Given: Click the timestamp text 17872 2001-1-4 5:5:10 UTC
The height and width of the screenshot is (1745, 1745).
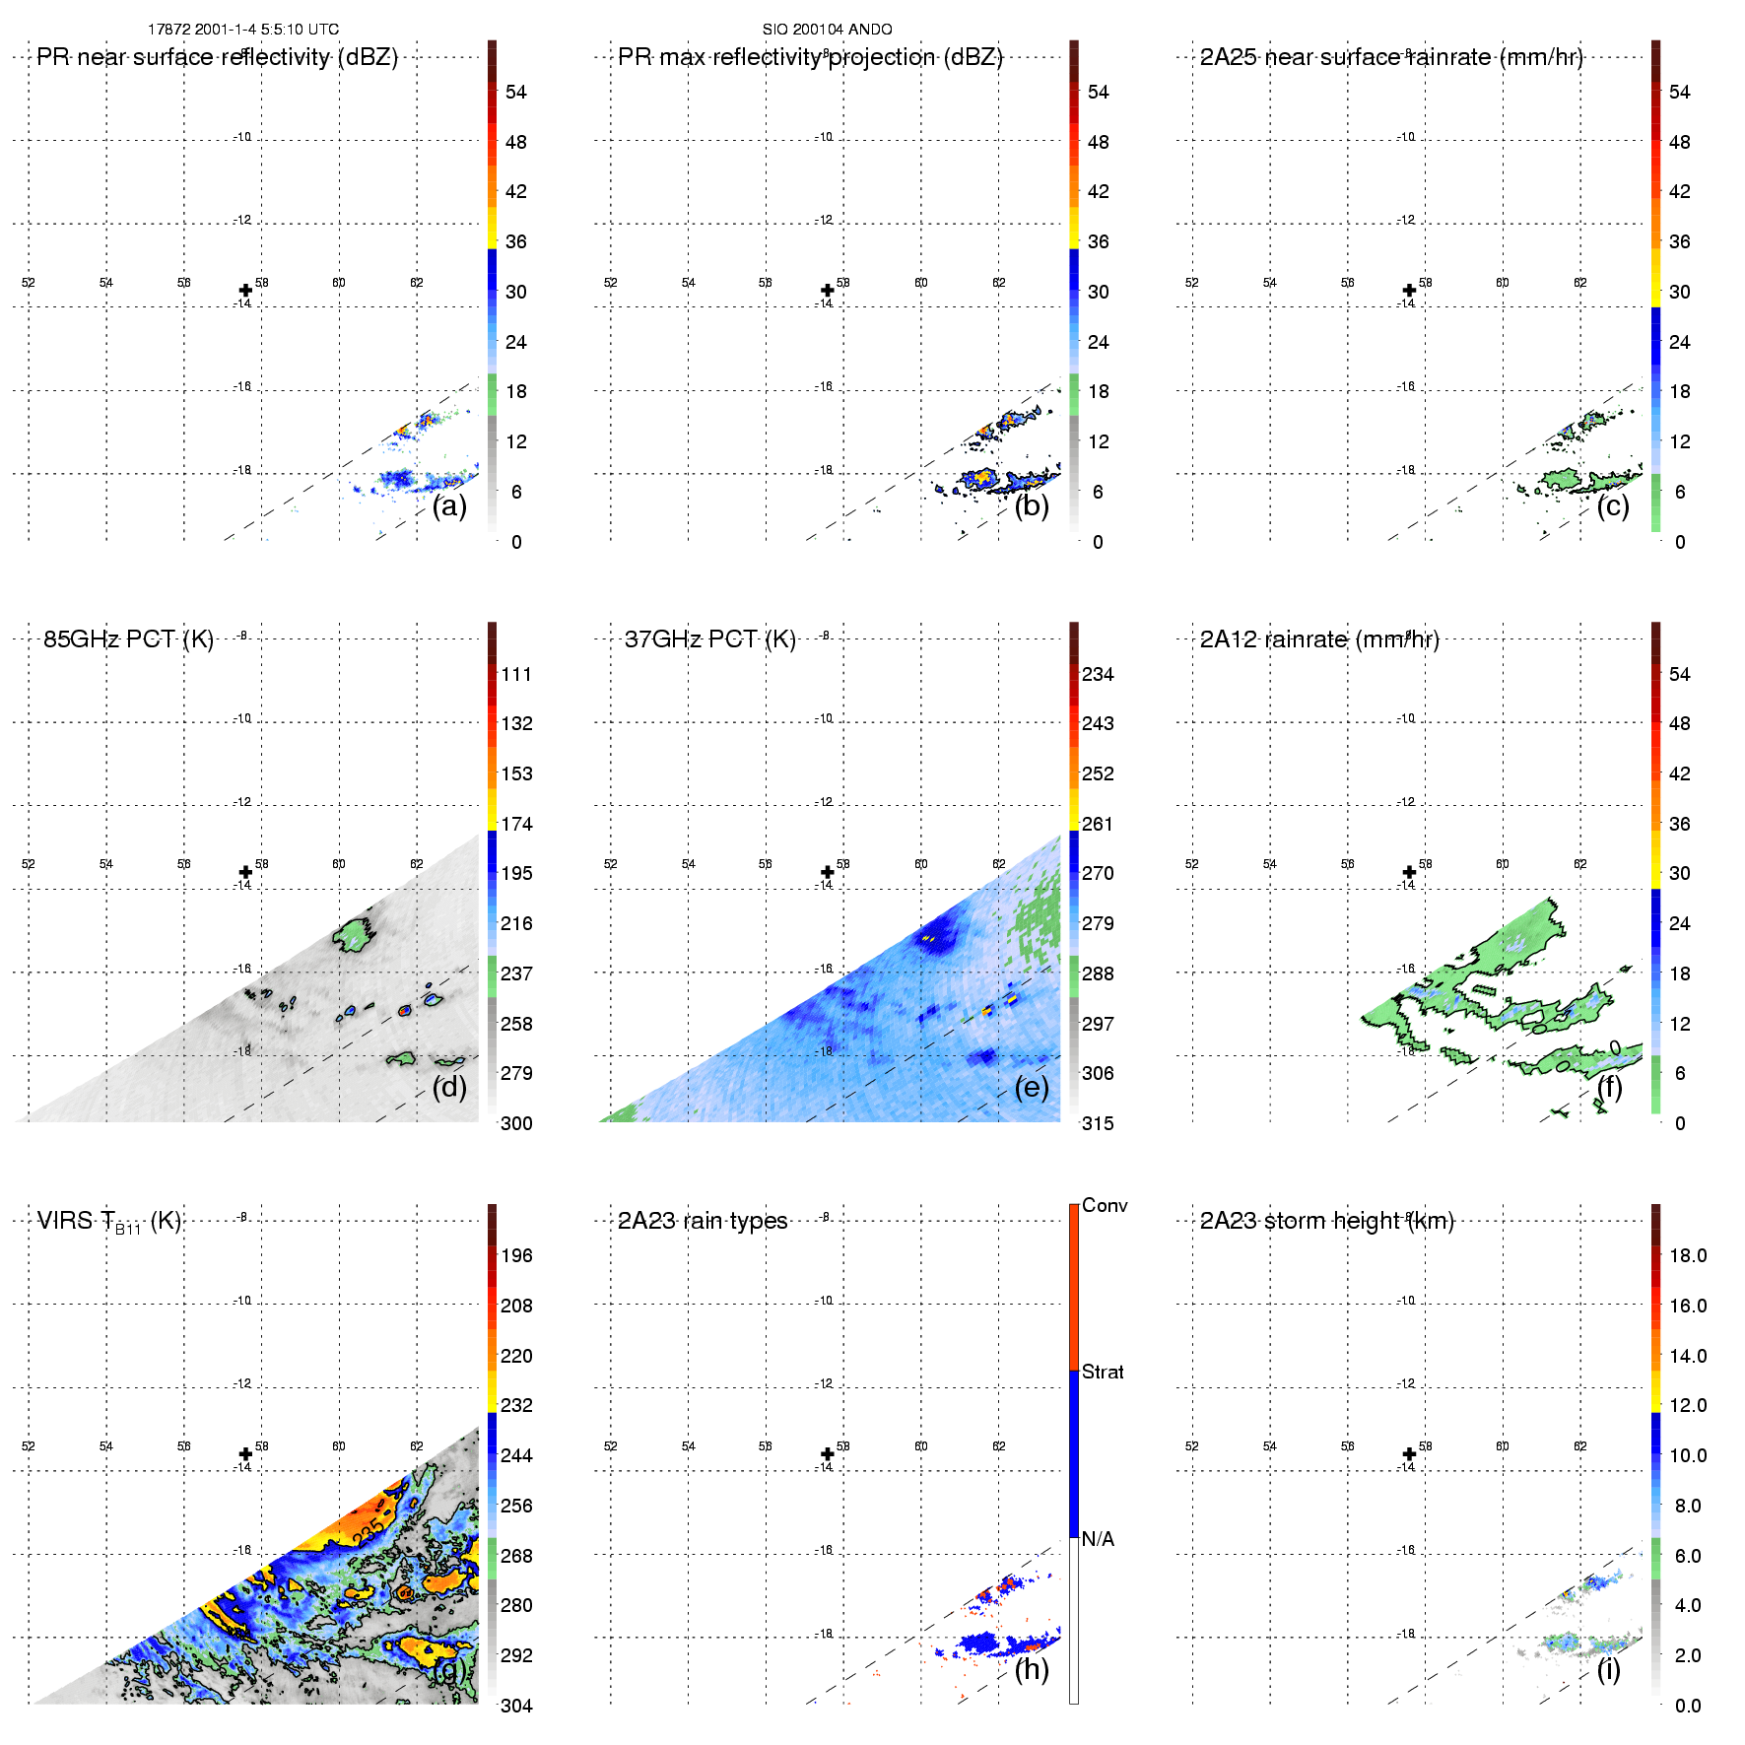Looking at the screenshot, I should [x=242, y=30].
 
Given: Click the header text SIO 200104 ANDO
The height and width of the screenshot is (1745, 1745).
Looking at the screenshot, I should [x=827, y=30].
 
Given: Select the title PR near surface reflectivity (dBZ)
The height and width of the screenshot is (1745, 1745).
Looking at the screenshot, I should [x=217, y=57].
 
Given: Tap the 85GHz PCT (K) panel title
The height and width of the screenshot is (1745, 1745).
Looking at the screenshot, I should [x=128, y=639].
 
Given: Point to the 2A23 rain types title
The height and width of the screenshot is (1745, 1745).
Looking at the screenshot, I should [x=702, y=1221].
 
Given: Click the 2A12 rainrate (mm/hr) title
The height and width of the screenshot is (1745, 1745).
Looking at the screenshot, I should [x=1319, y=639].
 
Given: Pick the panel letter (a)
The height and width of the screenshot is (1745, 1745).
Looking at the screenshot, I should [x=449, y=506].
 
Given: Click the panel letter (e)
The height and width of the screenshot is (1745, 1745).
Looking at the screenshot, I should [x=1031, y=1087].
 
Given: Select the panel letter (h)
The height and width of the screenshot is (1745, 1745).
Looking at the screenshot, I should [x=1031, y=1669].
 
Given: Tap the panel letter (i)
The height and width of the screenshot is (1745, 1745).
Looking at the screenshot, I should [x=1608, y=1669].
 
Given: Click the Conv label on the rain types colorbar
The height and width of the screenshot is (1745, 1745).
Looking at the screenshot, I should [x=1104, y=1205].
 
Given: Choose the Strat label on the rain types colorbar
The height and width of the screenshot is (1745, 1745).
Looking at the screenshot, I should [x=1103, y=1372].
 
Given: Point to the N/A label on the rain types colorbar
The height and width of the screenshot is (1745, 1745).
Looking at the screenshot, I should [x=1098, y=1539].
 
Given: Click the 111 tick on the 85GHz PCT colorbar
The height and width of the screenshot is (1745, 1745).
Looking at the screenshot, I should [x=516, y=674].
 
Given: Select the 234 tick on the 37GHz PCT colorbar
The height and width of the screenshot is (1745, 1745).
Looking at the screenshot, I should [x=1098, y=674].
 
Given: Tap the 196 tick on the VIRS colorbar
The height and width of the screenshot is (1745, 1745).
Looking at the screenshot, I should [x=516, y=1255].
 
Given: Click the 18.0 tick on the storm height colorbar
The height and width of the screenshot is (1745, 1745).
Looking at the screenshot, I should [x=1687, y=1255].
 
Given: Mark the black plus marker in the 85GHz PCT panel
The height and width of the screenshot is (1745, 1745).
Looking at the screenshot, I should [x=245, y=872].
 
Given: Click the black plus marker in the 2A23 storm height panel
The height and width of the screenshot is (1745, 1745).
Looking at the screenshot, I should [x=1409, y=1453].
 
